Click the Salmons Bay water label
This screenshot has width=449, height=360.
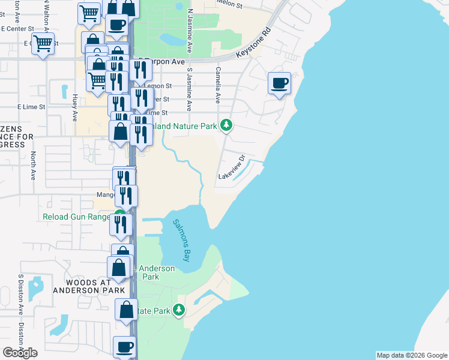click(182, 240)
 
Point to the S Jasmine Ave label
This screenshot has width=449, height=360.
click(189, 89)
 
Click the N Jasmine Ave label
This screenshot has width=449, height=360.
click(190, 30)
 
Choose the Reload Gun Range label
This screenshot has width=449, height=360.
click(77, 217)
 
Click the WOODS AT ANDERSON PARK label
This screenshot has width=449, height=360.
click(89, 286)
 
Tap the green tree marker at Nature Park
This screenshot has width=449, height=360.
click(226, 125)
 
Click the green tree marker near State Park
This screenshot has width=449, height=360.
click(178, 310)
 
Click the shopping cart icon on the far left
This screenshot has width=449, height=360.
click(43, 43)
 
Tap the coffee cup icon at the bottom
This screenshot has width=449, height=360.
click(125, 347)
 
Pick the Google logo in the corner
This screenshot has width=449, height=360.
click(20, 353)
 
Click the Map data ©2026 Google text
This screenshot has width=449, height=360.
click(412, 355)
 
